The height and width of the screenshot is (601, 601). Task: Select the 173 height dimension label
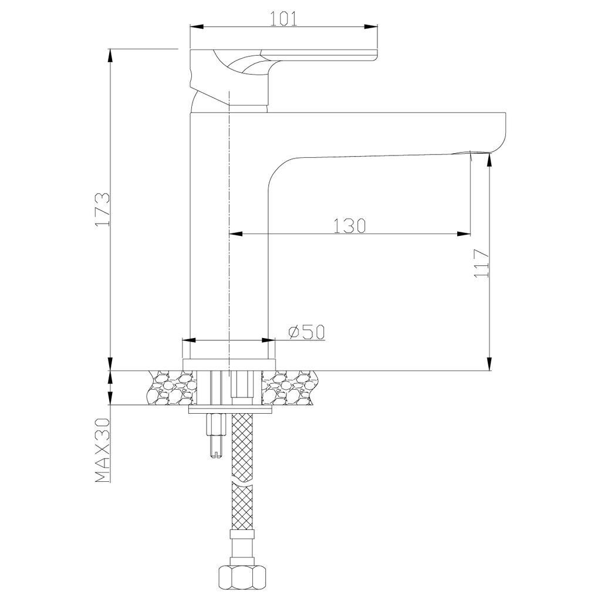coord(103,210)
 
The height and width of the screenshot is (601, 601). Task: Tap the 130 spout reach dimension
coord(349,226)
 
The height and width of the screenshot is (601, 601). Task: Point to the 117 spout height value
coord(481,264)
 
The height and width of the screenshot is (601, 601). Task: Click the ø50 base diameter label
coord(306,332)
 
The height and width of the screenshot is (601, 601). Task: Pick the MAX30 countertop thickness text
coord(102,450)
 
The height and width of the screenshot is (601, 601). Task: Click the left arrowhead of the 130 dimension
coord(236,234)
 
